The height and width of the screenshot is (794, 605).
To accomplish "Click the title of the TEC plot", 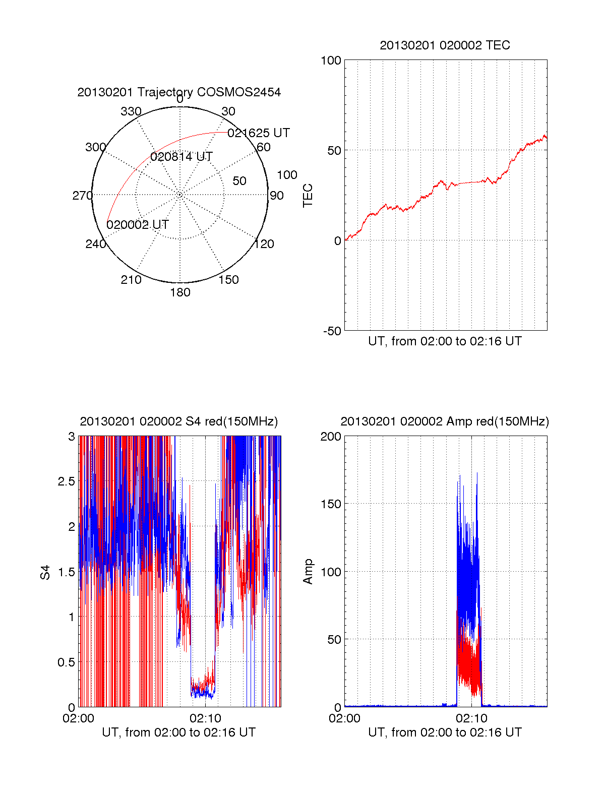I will [445, 45].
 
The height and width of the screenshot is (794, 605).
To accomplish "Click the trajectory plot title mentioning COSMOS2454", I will [179, 92].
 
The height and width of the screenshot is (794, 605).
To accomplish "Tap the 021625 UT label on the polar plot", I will [259, 133].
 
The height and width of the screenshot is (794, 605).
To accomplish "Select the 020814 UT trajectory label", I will [181, 157].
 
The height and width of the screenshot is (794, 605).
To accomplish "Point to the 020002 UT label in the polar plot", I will [138, 225].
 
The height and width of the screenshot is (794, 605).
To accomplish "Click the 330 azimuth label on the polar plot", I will [131, 111].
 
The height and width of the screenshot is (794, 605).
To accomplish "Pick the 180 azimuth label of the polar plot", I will [180, 292].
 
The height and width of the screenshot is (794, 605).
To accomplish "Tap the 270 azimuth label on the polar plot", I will [82, 196].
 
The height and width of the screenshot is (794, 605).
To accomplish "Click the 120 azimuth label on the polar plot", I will [264, 245].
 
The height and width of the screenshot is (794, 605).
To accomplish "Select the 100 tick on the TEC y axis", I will [331, 60].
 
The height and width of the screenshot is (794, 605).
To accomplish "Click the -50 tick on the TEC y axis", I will [332, 331].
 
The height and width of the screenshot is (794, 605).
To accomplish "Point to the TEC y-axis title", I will [308, 196].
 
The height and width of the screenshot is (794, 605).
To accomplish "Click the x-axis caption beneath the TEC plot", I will [445, 341].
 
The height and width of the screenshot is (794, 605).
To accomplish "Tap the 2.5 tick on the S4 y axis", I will [67, 481].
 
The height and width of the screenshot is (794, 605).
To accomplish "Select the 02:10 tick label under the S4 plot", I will [205, 718].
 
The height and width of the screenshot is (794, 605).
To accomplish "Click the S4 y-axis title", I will [45, 572].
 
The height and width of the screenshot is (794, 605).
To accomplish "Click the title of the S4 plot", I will [179, 421].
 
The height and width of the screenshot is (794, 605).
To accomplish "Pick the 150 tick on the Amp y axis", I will [331, 504].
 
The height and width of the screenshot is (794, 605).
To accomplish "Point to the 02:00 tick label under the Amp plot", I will [344, 718].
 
